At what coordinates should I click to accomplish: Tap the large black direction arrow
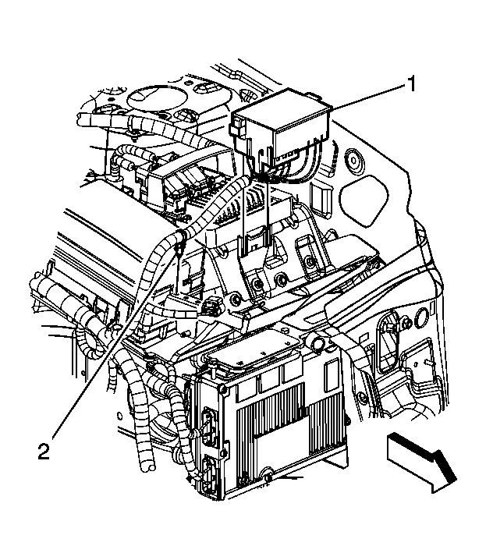(419, 464)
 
